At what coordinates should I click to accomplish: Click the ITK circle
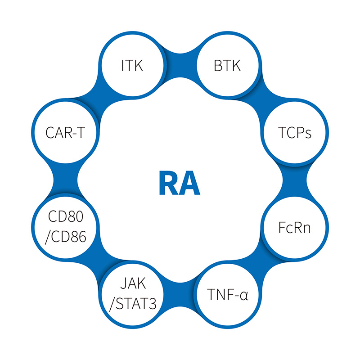point(131,66)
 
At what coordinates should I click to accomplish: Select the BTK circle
point(227,66)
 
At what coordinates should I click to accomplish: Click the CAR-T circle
point(66,134)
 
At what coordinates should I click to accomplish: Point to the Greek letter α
point(243,296)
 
